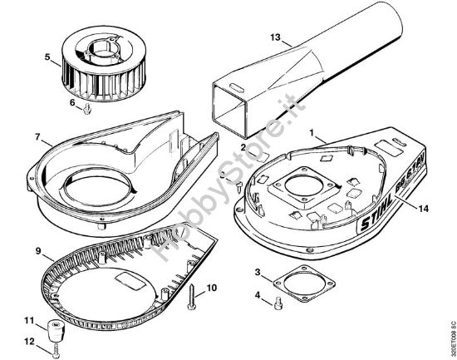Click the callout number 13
coord(276,37)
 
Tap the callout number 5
coord(47,58)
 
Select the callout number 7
coord(37,136)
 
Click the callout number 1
coord(312,131)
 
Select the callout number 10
coord(212,288)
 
